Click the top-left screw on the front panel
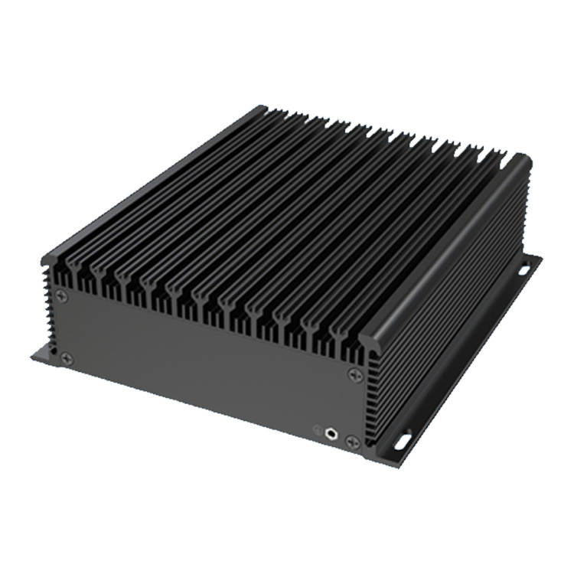click(63, 295)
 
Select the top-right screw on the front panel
click(354, 374)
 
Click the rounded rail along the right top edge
click(452, 245)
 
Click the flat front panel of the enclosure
click(207, 367)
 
